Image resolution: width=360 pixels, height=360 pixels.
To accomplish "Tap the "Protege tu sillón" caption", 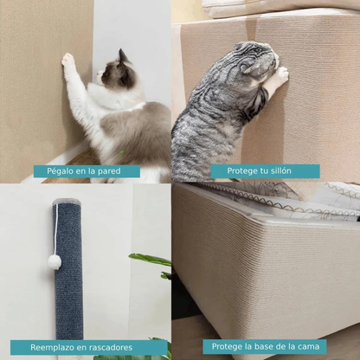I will pos(265,171).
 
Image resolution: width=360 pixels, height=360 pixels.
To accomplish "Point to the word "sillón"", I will pos(286,171).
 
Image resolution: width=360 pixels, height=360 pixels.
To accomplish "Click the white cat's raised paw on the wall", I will pos(67,61).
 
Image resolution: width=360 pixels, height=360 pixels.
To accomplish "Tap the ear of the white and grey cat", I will pos(123,55).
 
